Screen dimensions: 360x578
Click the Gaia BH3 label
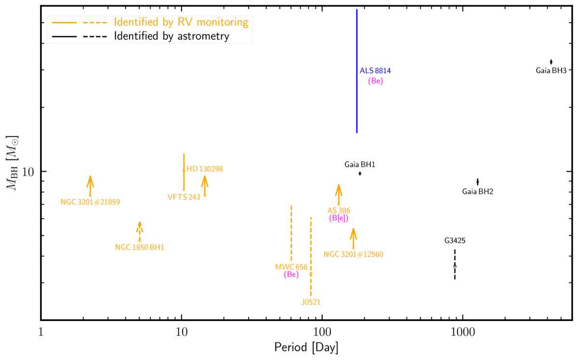coord(551,70)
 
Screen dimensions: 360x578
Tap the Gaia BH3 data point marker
coord(551,62)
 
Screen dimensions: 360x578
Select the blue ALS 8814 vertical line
coord(356,72)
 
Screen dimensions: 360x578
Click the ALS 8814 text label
coord(375,71)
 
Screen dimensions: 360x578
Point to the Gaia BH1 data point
coord(360,173)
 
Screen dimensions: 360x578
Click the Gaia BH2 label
coord(477,191)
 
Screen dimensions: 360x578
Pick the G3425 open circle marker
coord(455,266)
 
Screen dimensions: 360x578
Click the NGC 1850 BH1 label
coord(140,247)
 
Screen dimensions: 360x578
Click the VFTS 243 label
coord(184,197)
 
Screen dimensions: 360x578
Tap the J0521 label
coord(311,302)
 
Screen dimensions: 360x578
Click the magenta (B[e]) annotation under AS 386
coord(339,218)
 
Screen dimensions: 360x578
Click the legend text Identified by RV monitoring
coord(181,22)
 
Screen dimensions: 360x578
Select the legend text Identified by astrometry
coord(171,36)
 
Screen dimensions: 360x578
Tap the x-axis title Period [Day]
coord(306,347)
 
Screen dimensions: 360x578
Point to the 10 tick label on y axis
coord(28,172)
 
